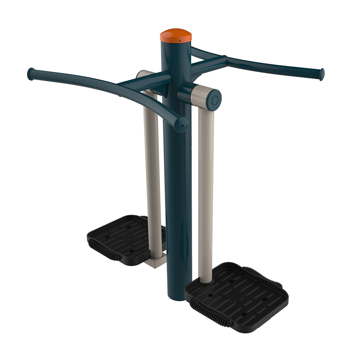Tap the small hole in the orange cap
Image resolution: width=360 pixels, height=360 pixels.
[x=179, y=40]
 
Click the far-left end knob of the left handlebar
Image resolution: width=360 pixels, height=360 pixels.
[x=31, y=74]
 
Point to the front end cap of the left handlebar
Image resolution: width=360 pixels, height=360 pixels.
[x=182, y=124]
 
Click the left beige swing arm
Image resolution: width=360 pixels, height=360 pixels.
[x=152, y=171]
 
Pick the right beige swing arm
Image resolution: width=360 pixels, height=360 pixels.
[x=205, y=189]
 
